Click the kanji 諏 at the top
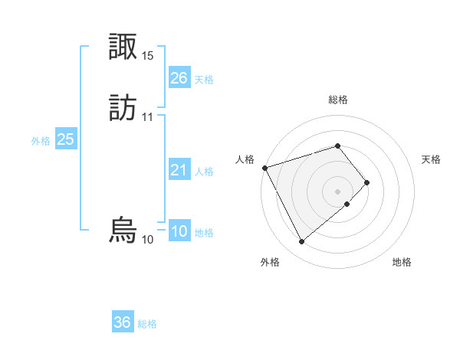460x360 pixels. pyautogui.click(x=123, y=47)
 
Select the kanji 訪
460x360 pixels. pyautogui.click(x=123, y=107)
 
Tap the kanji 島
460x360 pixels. pyautogui.click(x=123, y=231)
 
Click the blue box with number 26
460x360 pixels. pyautogui.click(x=179, y=78)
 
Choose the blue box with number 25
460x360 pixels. pyautogui.click(x=65, y=139)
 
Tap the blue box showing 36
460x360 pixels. pyautogui.click(x=122, y=322)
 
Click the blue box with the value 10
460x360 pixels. pyautogui.click(x=179, y=232)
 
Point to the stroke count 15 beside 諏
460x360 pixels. pyautogui.click(x=148, y=56)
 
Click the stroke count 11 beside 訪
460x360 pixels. pyautogui.click(x=148, y=117)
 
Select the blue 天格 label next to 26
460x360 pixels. pyautogui.click(x=204, y=80)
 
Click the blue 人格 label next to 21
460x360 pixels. pyautogui.click(x=204, y=172)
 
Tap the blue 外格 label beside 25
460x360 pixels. pyautogui.click(x=41, y=141)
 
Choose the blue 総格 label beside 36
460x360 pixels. pyautogui.click(x=147, y=324)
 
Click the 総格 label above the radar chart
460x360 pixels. pyautogui.click(x=338, y=100)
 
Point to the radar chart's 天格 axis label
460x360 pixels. pyautogui.click(x=432, y=159)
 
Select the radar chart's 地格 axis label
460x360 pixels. pyautogui.click(x=402, y=263)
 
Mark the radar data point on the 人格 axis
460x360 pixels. pyautogui.click(x=264, y=168)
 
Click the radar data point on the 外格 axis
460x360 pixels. pyautogui.click(x=301, y=242)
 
